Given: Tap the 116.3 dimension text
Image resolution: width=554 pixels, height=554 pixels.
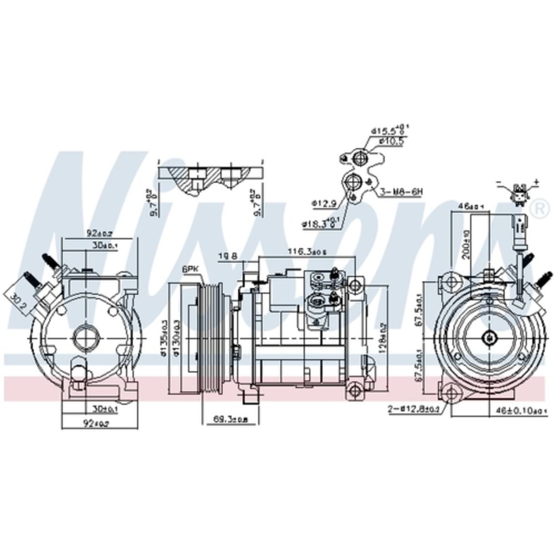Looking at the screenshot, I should coord(306,252).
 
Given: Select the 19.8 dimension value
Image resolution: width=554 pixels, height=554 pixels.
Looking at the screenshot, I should coord(227,255).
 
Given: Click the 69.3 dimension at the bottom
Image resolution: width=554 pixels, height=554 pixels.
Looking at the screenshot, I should coord(230,419).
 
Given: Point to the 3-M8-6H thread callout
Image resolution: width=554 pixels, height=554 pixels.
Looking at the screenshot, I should coord(401,192).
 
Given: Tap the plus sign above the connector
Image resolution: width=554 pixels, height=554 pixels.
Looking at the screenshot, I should coord(536,182).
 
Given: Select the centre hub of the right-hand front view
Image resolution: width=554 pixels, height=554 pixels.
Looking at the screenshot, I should coord(489,337).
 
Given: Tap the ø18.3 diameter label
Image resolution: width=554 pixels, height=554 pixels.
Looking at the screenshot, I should coord(316,224).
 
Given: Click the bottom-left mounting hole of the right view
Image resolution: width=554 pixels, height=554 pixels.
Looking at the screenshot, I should coord(450,392).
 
